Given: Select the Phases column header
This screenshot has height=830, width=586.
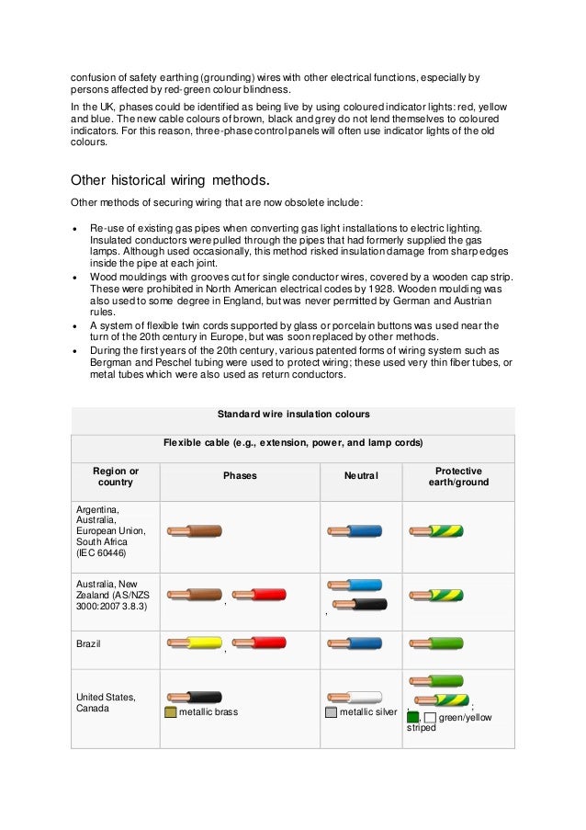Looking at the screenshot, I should [240, 476].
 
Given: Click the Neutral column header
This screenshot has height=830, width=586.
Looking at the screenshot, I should [360, 476].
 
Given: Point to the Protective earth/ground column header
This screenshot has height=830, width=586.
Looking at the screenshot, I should [457, 476].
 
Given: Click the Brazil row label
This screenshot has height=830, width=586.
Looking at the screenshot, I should [89, 643].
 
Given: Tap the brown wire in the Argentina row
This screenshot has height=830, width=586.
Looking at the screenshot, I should [194, 531].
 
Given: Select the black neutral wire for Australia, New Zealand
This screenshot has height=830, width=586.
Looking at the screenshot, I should [359, 604].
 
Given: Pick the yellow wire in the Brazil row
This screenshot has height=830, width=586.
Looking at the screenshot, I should [194, 642].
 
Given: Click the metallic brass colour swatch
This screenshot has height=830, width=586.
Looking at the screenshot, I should [170, 712].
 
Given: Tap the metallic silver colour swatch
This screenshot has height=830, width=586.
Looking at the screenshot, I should [331, 712].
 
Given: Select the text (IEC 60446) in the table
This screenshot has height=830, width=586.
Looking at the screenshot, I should [101, 552].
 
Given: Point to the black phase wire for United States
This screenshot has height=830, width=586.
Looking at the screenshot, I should [194, 698].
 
